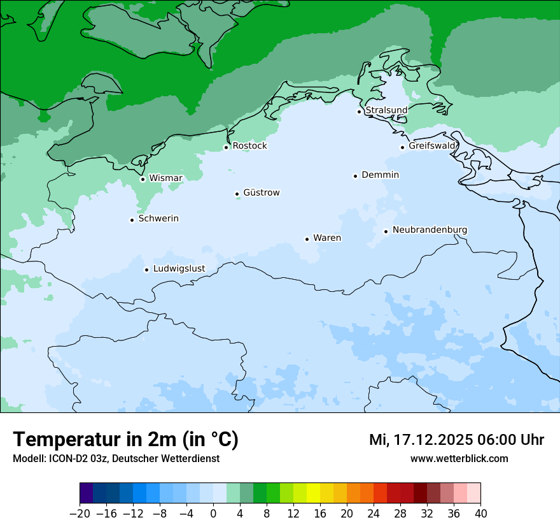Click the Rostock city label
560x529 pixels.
(x=249, y=146)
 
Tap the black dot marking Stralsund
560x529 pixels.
(x=359, y=112)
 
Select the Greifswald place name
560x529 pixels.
(x=432, y=146)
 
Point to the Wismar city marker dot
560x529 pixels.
(x=143, y=179)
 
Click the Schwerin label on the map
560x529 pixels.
(x=158, y=219)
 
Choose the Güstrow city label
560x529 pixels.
(x=261, y=192)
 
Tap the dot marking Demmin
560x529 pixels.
(x=355, y=176)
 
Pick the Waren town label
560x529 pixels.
(x=327, y=238)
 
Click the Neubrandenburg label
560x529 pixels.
(x=430, y=230)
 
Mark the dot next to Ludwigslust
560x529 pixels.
(x=146, y=270)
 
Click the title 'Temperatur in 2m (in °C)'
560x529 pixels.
(x=126, y=440)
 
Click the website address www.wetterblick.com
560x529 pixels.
(x=459, y=459)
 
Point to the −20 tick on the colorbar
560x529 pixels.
(x=80, y=514)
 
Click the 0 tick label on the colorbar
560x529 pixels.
(x=213, y=514)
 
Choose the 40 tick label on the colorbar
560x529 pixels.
(x=480, y=514)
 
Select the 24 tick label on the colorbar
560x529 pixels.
(x=374, y=514)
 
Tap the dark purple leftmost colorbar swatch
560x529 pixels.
(x=87, y=493)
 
